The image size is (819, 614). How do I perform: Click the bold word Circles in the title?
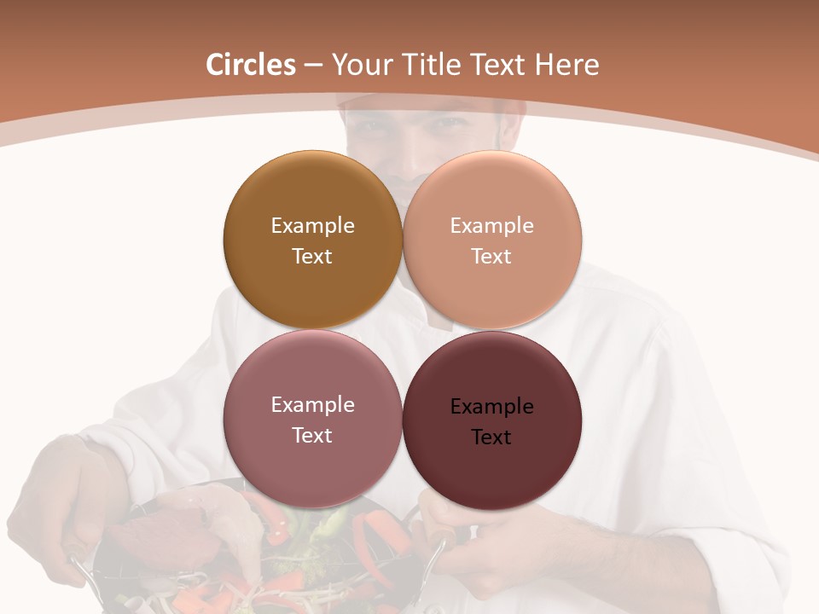pos(251,65)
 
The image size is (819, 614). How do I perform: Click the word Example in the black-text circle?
pos(492,407)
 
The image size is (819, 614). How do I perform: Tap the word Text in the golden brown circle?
pos(312,256)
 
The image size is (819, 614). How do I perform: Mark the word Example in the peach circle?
pos(492,225)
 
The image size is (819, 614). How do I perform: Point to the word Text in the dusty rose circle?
pos(312,435)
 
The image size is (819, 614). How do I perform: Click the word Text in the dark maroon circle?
pos(491,437)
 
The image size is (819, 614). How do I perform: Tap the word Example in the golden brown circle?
pos(312,225)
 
